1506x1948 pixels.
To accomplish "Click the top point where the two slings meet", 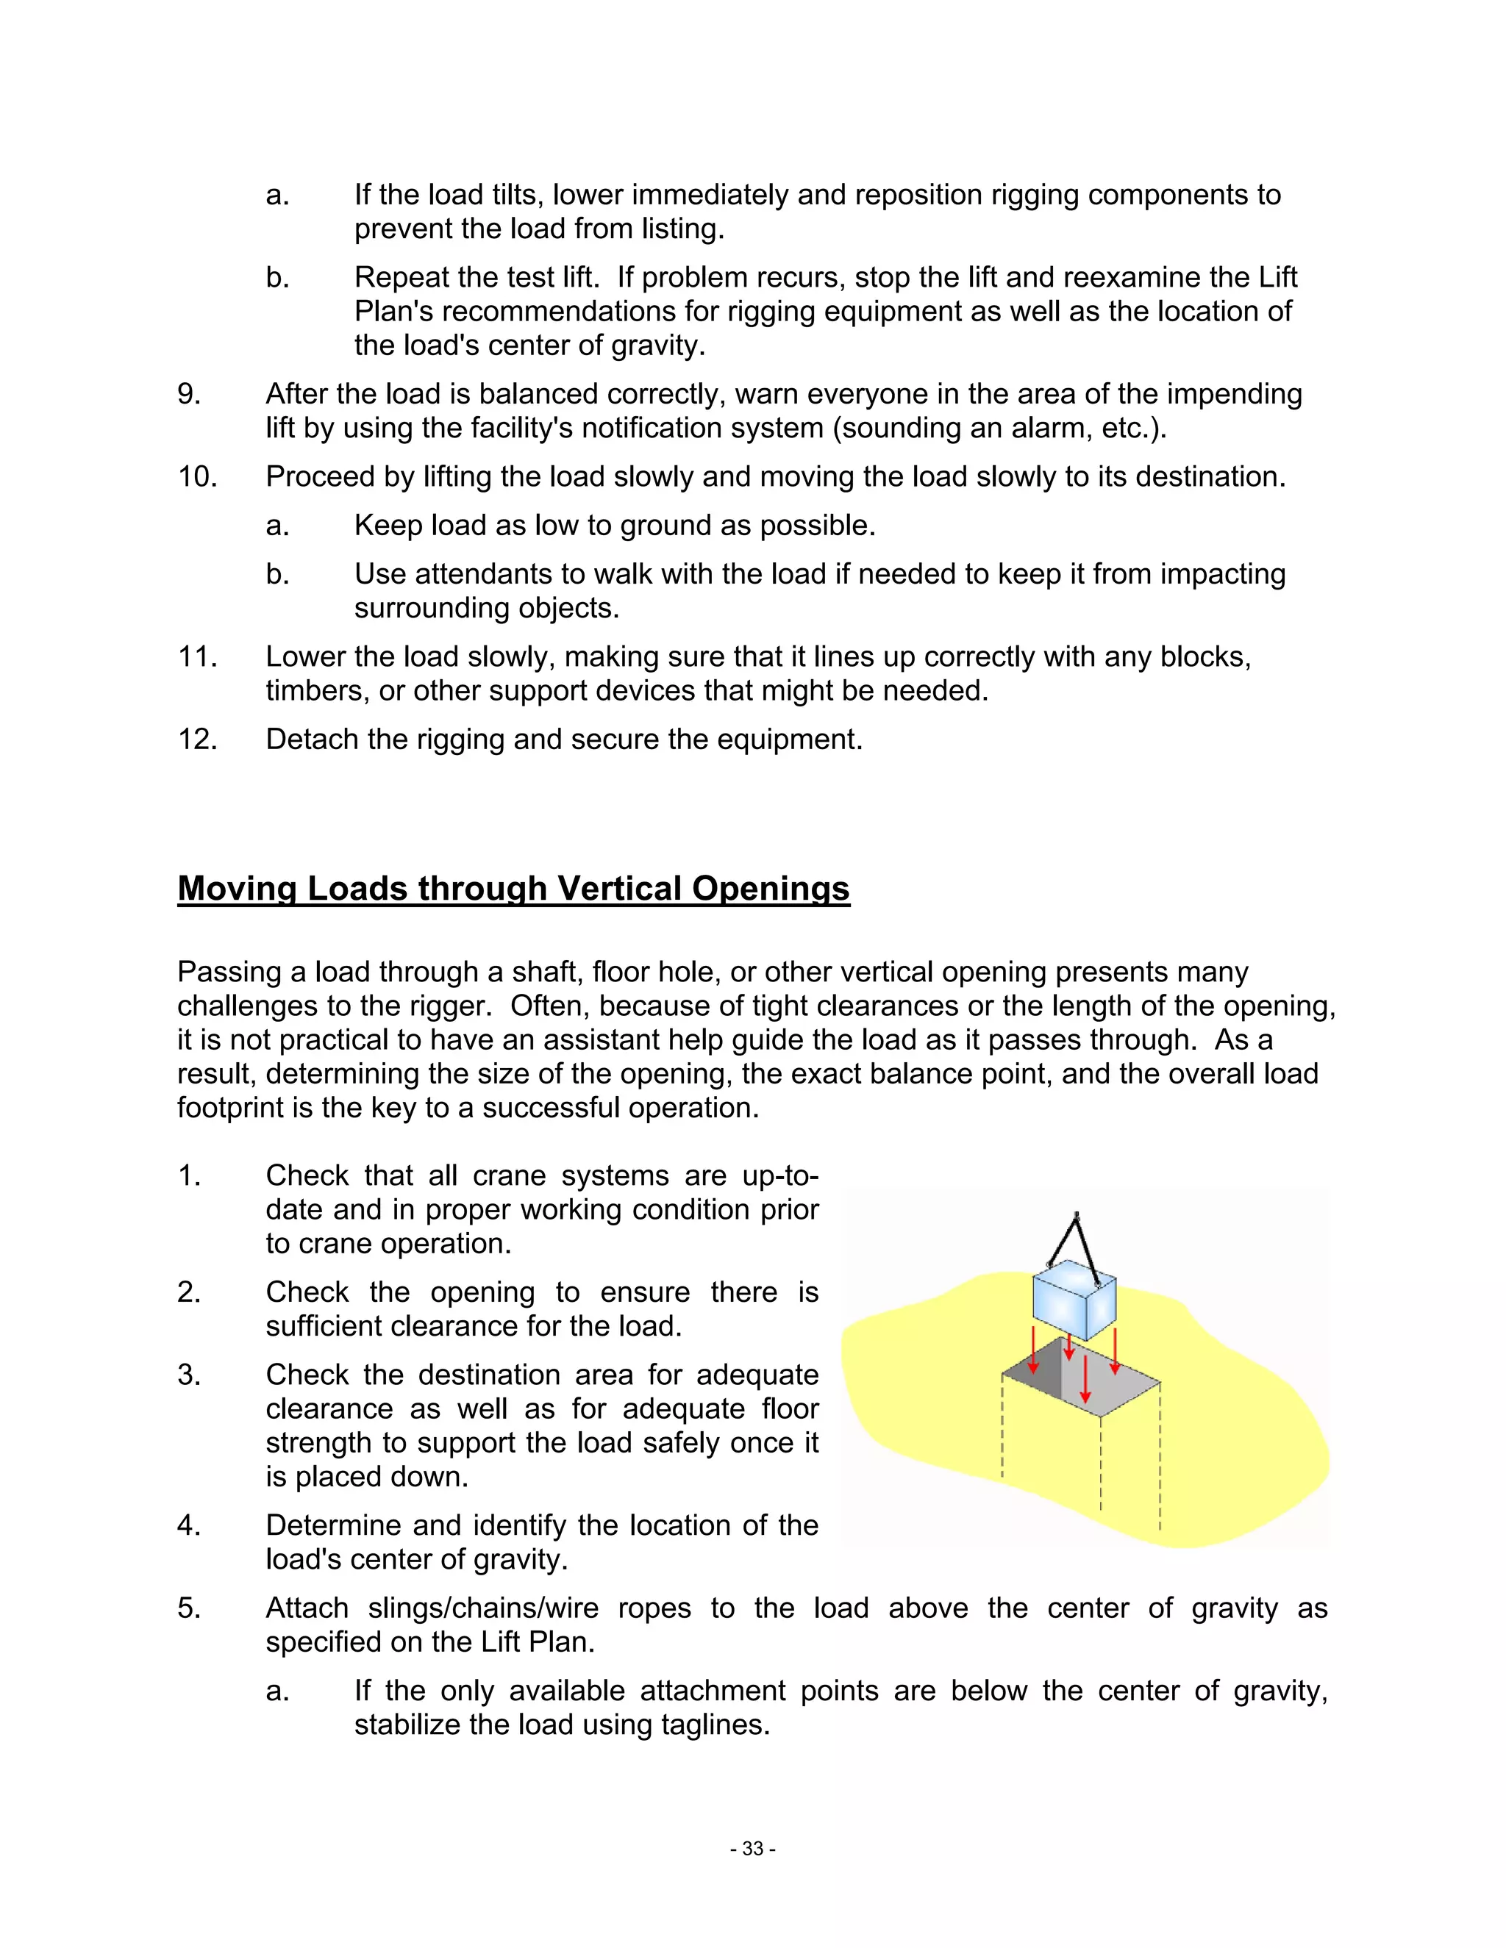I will (1078, 1217).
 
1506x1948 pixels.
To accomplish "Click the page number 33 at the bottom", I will (753, 1849).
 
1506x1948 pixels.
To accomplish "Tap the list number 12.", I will (197, 740).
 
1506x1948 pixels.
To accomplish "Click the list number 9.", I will (189, 394).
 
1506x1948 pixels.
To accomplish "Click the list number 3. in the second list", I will (189, 1375).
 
